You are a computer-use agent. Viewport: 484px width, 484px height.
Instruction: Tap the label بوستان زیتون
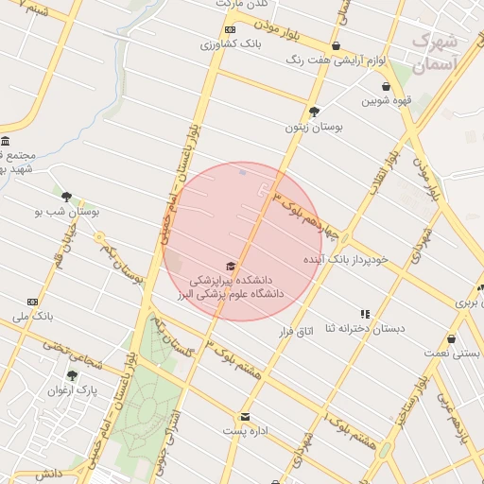click(x=315, y=126)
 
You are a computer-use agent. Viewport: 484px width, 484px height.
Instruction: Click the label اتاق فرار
click(x=295, y=331)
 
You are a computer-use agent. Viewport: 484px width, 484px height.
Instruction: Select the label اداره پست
click(x=245, y=430)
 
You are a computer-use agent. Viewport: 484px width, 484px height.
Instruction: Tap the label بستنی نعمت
click(x=451, y=353)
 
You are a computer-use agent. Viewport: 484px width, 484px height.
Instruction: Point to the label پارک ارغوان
click(x=73, y=389)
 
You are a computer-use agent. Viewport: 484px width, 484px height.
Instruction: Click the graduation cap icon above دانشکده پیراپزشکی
click(x=231, y=267)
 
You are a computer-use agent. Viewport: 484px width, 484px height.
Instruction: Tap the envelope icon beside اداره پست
click(x=245, y=416)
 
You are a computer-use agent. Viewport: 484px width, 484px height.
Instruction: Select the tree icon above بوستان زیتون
click(x=315, y=111)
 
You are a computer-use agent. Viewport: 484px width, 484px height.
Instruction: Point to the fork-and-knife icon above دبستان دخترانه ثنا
click(x=365, y=314)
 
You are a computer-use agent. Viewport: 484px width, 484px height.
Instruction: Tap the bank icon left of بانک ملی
click(x=33, y=302)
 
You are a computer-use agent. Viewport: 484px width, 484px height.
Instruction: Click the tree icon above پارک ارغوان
click(x=73, y=375)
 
